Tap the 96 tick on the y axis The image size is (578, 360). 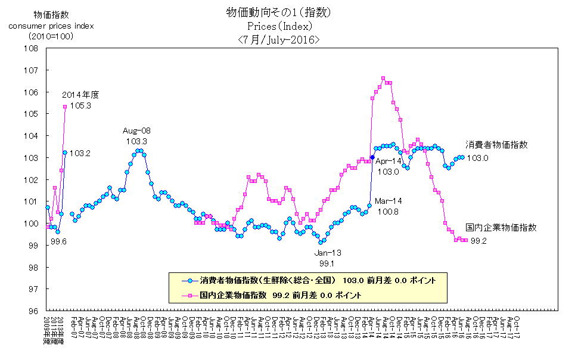[32, 311]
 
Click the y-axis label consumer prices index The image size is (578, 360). [51, 26]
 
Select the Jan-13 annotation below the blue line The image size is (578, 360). [328, 252]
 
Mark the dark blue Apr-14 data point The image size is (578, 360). [372, 157]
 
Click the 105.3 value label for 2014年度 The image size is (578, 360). [80, 105]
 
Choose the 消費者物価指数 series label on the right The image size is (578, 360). [496, 145]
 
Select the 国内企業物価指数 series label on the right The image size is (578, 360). [501, 227]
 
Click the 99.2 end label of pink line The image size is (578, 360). [480, 241]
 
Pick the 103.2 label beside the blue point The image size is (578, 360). [80, 153]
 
